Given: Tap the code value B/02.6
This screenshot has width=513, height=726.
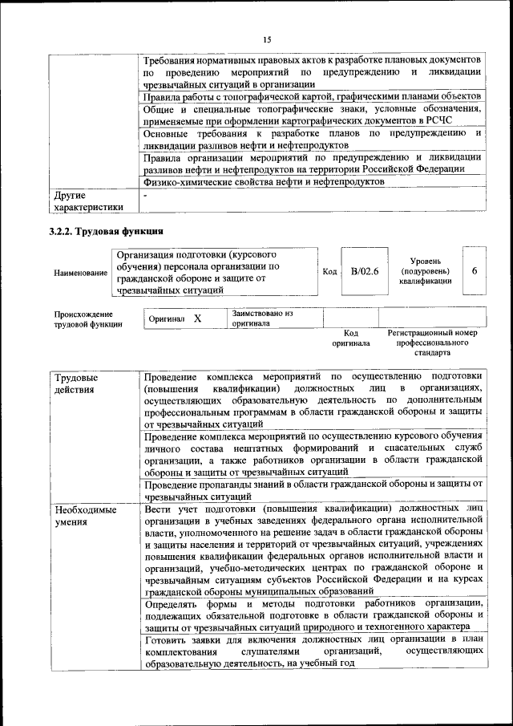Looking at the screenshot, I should pos(364,271).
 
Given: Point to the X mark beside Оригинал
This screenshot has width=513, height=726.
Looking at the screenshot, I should pos(197,318).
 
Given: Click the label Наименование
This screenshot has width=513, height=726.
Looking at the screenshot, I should pos(80,273).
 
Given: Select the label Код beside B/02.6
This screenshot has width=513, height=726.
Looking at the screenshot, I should pos(329,272).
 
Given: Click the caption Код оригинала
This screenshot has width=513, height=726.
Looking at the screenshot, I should pos(350,338).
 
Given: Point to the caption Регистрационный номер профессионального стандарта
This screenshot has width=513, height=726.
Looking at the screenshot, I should pos(432,343).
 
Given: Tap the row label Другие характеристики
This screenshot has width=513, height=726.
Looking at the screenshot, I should pos(87,201).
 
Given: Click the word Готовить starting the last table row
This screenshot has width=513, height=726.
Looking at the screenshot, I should pos(168,639).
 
